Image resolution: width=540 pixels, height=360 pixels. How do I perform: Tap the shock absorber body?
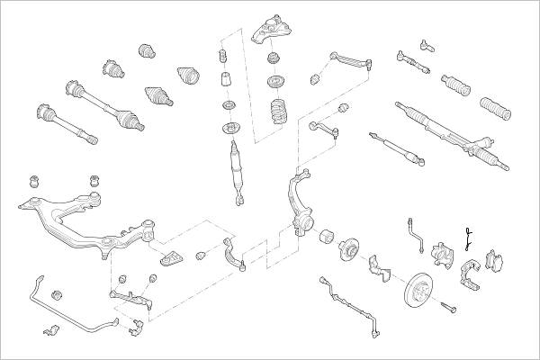coord(237,166)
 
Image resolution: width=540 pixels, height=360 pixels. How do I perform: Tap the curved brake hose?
coord(417,231)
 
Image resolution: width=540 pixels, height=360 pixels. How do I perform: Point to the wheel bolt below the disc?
coord(448,310)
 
